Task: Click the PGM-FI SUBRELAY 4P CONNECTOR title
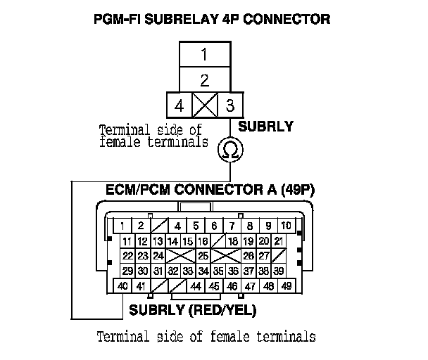(211, 19)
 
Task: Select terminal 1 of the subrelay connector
(203, 54)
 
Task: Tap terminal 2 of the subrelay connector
(203, 79)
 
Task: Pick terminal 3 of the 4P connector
(229, 107)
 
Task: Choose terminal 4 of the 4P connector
(179, 107)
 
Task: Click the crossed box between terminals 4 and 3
(203, 107)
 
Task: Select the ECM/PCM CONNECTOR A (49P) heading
(203, 190)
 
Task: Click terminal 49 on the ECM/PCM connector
(287, 286)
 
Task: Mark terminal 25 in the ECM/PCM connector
(203, 255)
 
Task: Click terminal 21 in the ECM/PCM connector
(279, 241)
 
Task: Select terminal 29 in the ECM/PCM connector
(127, 271)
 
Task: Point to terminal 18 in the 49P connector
(233, 241)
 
